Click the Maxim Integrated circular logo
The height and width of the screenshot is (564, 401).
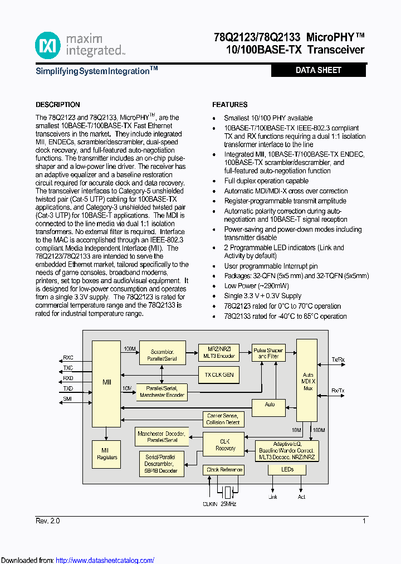pyautogui.click(x=48, y=45)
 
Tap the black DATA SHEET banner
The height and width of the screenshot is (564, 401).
pyautogui.click(x=318, y=70)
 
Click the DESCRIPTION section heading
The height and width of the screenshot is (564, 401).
pyautogui.click(x=58, y=105)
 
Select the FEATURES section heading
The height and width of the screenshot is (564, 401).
pyautogui.click(x=230, y=105)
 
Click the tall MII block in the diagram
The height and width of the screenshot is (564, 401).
pyautogui.click(x=106, y=384)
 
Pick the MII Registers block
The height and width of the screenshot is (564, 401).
pyautogui.click(x=106, y=454)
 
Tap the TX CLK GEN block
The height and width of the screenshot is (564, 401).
pyautogui.click(x=219, y=375)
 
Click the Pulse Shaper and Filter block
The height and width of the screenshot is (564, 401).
pyautogui.click(x=268, y=353)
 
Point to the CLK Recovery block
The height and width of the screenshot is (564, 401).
pyautogui.click(x=225, y=445)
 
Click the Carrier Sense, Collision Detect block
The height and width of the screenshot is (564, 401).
pyautogui.click(x=223, y=419)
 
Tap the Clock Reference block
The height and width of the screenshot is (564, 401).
pyautogui.click(x=224, y=470)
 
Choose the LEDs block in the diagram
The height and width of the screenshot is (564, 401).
pyautogui.click(x=287, y=469)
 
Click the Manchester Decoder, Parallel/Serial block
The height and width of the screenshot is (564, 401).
pyautogui.click(x=162, y=436)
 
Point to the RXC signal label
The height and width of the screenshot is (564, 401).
pyautogui.click(x=68, y=358)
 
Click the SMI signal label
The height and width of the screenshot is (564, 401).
pyautogui.click(x=67, y=398)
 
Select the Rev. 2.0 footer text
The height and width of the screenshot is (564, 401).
pyautogui.click(x=48, y=521)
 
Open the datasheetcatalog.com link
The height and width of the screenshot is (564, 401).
pyautogui.click(x=105, y=560)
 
